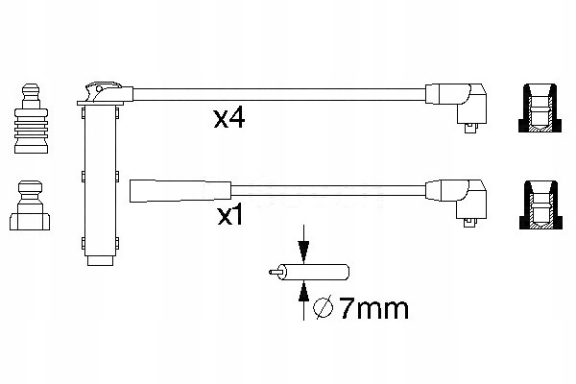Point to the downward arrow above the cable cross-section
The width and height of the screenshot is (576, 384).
[x=303, y=248]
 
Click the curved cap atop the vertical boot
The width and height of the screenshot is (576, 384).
[x=102, y=91]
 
